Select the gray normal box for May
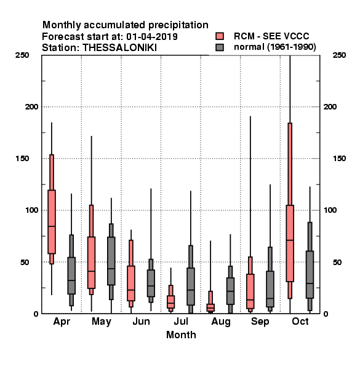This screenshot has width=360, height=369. pos(111,261)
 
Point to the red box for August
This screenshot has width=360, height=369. pos(210,307)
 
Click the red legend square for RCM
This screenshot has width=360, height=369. pos(220,36)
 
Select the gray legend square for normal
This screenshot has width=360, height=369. pos(220,47)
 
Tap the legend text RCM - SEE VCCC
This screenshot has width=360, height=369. pos(271,36)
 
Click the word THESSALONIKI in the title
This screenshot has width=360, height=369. pos(119,48)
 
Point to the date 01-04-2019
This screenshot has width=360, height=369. pos(152,36)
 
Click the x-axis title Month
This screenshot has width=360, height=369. pos(181,335)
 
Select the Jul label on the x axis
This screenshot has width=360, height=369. pos(181,321)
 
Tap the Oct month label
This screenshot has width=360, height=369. pos(300,321)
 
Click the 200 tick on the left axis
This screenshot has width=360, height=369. pos(31,106)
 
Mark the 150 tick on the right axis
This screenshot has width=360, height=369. pos(339,159)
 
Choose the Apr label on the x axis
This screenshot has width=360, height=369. pos(62,322)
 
